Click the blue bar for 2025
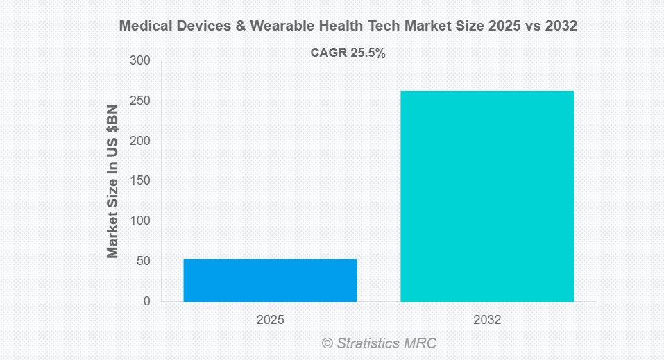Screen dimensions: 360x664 pos(270,280)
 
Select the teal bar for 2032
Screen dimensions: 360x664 pos(487,196)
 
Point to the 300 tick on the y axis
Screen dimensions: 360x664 pos(140,61)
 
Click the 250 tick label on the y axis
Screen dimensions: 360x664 pos(140,101)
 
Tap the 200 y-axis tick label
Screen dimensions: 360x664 pos(140,141)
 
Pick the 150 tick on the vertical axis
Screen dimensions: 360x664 pos(140,181)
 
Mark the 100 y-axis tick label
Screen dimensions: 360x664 pos(140,221)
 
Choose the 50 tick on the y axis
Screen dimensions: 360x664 pos(143,262)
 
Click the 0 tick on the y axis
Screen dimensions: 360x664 pos(146,301)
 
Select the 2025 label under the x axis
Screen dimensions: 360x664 pos(270,320)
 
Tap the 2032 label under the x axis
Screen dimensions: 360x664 pos(487,320)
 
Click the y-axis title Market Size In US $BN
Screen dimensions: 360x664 pos(112,181)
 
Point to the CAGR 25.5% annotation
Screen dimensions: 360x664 pos(348,53)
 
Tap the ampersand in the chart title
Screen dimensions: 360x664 pos(230,26)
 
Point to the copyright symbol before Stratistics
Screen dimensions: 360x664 pos(327,343)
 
